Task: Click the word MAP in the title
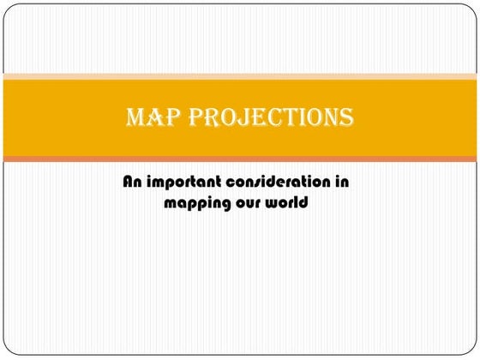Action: tap(153, 117)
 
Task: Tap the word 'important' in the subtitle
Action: tap(177, 182)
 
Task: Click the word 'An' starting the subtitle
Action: tap(133, 182)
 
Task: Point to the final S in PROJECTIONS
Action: tap(347, 117)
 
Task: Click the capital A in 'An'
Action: tap(129, 182)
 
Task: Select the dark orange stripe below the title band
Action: tap(240, 159)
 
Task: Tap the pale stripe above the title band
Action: tap(240, 76)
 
